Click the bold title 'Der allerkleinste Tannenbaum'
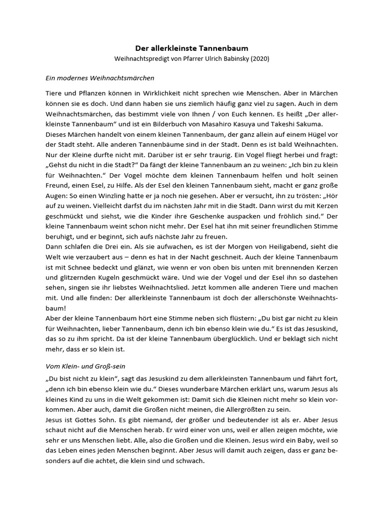[x=192, y=48]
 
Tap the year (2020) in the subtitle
[x=259, y=59]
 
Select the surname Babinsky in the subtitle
[x=231, y=59]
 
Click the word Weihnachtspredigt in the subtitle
[x=142, y=59]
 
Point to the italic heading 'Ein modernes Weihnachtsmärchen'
[x=100, y=78]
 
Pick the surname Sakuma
[x=322, y=124]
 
